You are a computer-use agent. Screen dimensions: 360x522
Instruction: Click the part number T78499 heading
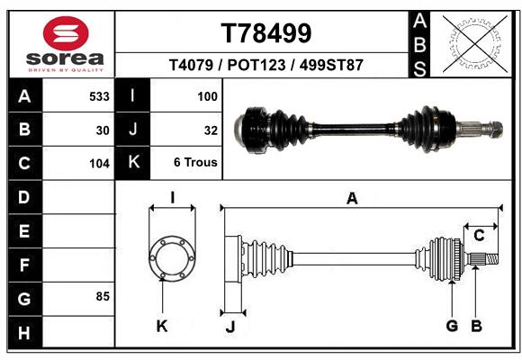pyautogui.click(x=266, y=33)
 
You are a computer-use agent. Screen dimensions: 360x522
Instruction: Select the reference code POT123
pyautogui.click(x=265, y=66)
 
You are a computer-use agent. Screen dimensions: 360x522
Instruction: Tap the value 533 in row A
pyautogui.click(x=99, y=95)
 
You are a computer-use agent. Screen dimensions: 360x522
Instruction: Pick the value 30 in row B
pyautogui.click(x=103, y=130)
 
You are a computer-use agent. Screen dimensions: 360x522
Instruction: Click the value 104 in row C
pyautogui.click(x=99, y=164)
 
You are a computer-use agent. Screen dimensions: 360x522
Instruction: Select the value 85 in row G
pyautogui.click(x=103, y=295)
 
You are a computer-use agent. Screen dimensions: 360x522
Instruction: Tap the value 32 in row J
pyautogui.click(x=211, y=130)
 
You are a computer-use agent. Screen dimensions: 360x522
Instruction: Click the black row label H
pyautogui.click(x=23, y=333)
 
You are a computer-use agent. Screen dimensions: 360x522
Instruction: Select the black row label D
pyautogui.click(x=23, y=196)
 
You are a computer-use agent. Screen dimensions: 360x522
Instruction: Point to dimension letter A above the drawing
pyautogui.click(x=352, y=199)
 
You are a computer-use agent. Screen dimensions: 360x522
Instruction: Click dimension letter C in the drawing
pyautogui.click(x=480, y=236)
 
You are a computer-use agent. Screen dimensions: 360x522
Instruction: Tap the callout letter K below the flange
pyautogui.click(x=162, y=327)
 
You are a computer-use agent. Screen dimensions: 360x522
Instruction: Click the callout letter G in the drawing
pyautogui.click(x=452, y=326)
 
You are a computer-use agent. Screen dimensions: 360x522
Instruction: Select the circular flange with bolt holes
pyautogui.click(x=171, y=258)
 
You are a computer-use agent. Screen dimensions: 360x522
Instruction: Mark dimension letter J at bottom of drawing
pyautogui.click(x=229, y=327)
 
